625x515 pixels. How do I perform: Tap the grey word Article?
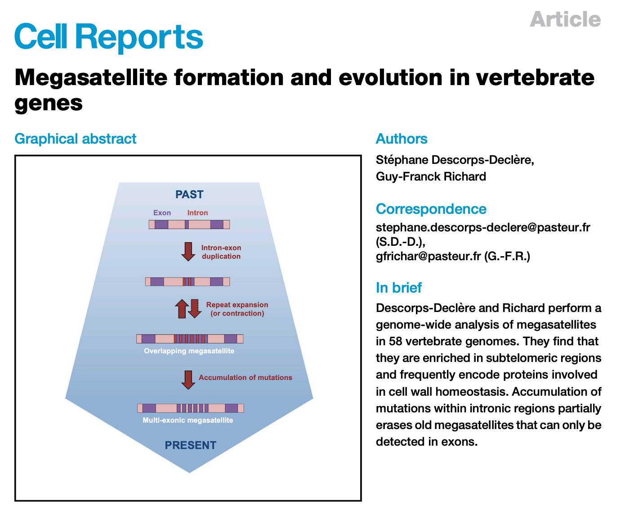[565, 19]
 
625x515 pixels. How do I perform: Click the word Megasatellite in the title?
[91, 78]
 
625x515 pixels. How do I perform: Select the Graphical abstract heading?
[75, 139]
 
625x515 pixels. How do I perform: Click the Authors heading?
[401, 139]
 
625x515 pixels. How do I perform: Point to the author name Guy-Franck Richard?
[431, 176]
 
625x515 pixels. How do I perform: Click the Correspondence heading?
[431, 209]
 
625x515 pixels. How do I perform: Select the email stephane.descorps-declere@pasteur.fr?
[483, 227]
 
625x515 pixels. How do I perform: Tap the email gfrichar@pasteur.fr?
[428, 256]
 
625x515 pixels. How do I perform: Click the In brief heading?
[398, 288]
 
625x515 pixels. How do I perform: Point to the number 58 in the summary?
[395, 341]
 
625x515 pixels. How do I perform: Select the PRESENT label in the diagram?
[190, 445]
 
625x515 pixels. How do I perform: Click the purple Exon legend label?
[162, 212]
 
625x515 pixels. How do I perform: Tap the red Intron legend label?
[197, 212]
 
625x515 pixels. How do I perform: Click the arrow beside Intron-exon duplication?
[188, 252]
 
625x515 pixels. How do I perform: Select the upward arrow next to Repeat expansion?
[182, 308]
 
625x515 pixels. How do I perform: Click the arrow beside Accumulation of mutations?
[188, 380]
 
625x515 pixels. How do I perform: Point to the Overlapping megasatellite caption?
[189, 351]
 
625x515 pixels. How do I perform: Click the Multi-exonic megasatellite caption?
[188, 420]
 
